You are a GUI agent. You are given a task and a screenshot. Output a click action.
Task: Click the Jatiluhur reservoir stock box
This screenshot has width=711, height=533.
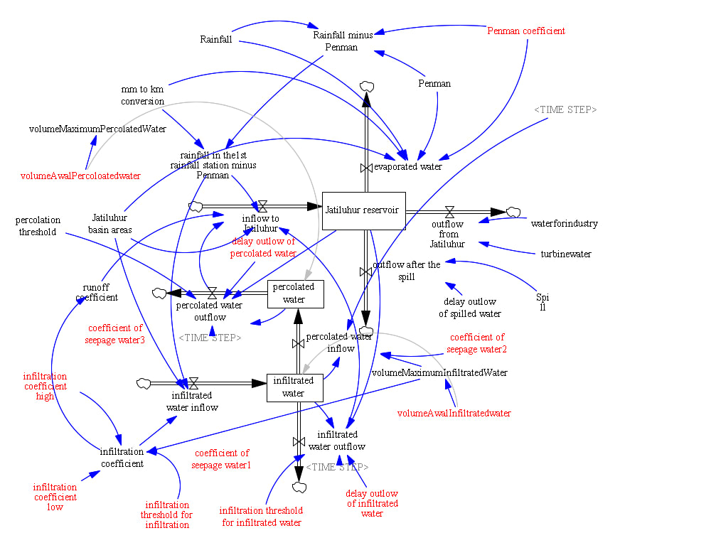(363, 210)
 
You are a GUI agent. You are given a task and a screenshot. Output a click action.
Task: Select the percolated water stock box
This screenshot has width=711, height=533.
(295, 293)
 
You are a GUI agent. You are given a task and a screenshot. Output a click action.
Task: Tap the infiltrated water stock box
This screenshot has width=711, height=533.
(294, 387)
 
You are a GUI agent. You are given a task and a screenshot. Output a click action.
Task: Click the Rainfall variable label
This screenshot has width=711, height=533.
(216, 39)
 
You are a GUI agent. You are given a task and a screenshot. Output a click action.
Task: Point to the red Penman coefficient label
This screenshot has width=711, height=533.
(526, 31)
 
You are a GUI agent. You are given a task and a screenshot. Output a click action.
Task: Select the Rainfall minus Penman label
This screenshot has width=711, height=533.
(343, 41)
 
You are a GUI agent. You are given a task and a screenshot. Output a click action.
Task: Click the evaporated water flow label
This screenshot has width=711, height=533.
(407, 167)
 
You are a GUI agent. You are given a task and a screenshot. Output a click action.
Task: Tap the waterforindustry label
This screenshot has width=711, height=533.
(564, 224)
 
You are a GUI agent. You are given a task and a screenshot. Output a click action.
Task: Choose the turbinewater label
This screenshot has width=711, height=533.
(565, 254)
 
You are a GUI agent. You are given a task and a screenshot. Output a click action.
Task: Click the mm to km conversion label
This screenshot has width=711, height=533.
(142, 95)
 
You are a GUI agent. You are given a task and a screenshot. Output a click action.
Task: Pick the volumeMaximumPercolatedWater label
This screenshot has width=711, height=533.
(97, 129)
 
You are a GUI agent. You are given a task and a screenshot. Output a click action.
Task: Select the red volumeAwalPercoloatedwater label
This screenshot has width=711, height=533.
(80, 176)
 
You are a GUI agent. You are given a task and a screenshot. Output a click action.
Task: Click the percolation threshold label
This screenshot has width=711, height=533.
(38, 226)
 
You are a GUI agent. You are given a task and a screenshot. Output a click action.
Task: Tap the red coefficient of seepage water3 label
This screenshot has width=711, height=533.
(116, 334)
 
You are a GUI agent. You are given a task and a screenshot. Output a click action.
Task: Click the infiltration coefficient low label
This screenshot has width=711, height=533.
(55, 497)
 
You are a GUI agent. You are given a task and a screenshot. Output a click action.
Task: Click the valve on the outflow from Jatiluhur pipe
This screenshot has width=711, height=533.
(449, 211)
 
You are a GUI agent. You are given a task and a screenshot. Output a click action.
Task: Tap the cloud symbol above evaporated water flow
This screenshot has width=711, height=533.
(367, 87)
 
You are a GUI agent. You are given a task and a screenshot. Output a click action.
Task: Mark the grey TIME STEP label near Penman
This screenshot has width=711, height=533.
(565, 110)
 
